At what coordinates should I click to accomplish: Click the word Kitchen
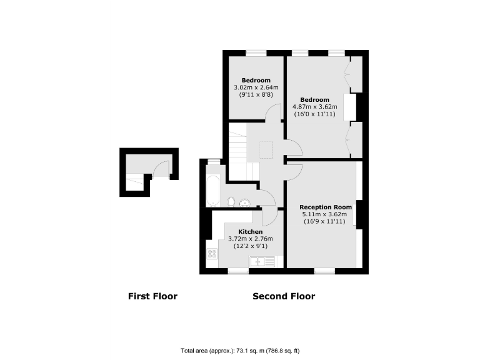coord(251,232)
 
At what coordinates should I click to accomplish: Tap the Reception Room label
coord(326,207)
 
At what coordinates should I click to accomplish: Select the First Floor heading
coord(152,296)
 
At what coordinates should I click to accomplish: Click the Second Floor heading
coord(284,296)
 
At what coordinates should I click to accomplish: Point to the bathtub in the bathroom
coord(213,190)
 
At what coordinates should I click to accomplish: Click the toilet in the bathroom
coord(232,201)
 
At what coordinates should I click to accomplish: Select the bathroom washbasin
coord(246,202)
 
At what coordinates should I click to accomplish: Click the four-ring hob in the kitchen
coord(212,255)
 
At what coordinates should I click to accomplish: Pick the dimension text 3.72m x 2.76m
coord(251,239)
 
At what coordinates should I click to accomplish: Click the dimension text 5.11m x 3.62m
coord(326,214)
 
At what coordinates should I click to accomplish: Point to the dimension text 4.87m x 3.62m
coord(315,107)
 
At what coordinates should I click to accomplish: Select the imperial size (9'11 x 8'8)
coord(256,94)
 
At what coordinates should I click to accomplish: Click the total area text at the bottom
coord(240,350)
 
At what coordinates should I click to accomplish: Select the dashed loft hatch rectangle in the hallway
coord(266,150)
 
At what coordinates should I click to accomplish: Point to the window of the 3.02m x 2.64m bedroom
coord(256,53)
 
